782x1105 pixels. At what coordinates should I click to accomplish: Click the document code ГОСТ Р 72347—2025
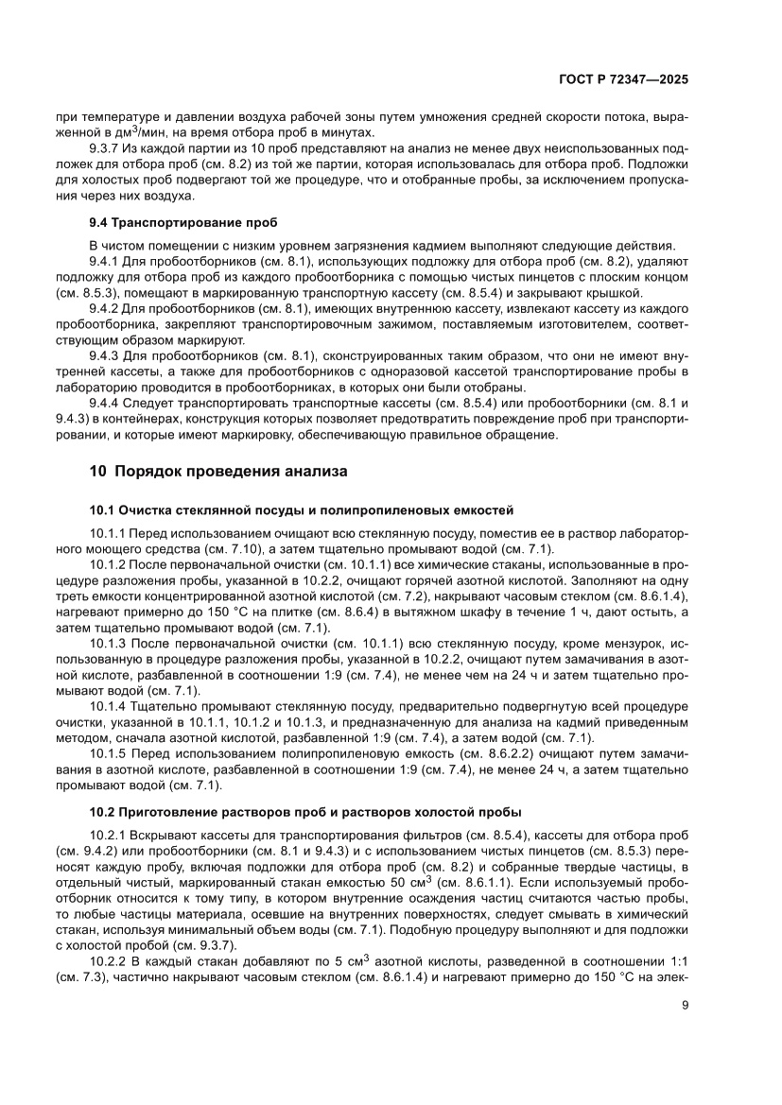click(x=620, y=80)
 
